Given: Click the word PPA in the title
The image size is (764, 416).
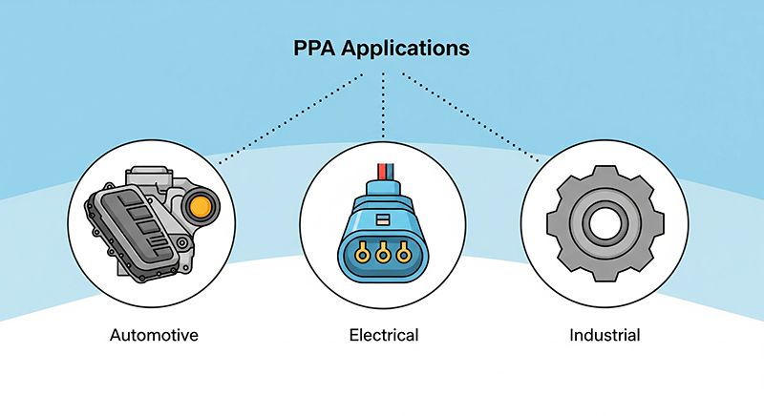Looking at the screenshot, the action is pyautogui.click(x=314, y=48).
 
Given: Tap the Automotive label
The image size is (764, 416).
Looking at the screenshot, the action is pyautogui.click(x=154, y=335).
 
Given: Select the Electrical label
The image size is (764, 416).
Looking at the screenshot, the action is pyautogui.click(x=384, y=335).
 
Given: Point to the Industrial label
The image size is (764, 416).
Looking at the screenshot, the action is pyautogui.click(x=605, y=335).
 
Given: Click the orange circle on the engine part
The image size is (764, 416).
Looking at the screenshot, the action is pyautogui.click(x=201, y=208).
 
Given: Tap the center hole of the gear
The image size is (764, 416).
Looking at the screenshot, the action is pyautogui.click(x=605, y=224).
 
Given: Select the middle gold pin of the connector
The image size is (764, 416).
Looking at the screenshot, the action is pyautogui.click(x=383, y=253).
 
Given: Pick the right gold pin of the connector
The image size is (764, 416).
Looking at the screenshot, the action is pyautogui.click(x=403, y=253).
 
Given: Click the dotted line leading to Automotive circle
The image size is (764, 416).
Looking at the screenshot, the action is pyautogui.click(x=290, y=118).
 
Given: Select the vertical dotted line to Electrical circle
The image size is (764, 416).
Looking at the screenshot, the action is pyautogui.click(x=384, y=105).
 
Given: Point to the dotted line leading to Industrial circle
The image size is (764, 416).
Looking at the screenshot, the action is pyautogui.click(x=471, y=117).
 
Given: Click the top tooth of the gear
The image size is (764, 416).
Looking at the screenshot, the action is pyautogui.click(x=605, y=174).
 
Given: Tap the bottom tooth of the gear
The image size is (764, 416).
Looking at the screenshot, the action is pyautogui.click(x=605, y=275).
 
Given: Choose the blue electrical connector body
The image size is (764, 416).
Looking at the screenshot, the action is pyautogui.click(x=384, y=233).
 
